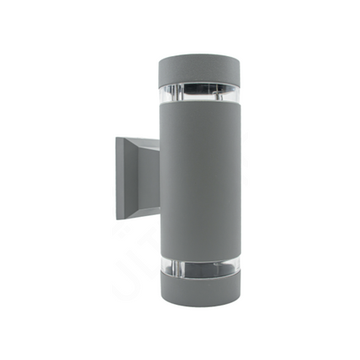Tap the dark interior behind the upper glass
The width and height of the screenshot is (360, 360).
point(201,88)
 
